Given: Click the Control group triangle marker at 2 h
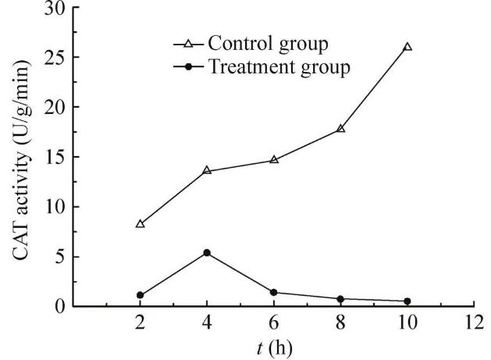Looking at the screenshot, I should [141, 224].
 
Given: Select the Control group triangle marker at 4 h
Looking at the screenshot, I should [207, 170].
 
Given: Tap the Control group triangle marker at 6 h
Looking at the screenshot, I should [274, 159].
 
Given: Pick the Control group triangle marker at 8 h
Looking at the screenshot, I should [340, 128].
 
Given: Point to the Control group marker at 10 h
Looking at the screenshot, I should [407, 47].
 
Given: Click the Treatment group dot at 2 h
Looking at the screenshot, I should [141, 295].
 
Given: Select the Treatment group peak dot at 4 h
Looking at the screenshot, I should [207, 252].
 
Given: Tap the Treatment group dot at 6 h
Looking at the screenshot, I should [274, 292].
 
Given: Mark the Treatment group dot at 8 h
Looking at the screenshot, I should [340, 299].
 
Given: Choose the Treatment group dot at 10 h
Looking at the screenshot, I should [407, 301].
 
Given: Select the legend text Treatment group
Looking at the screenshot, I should [278, 66].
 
